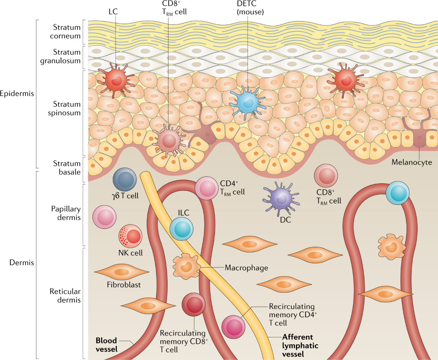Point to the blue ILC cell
[x=181, y=229]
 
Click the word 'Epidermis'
[x=17, y=93]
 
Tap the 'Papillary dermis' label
[x=66, y=213]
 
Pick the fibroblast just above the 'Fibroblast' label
[x=122, y=272]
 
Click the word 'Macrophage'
[x=246, y=268]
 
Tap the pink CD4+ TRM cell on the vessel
[x=206, y=188]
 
